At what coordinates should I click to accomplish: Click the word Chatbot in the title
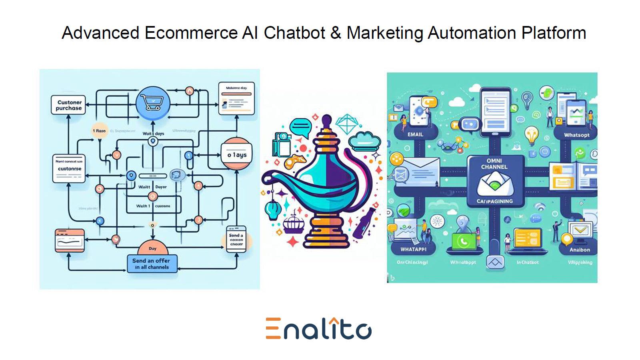tap(294, 33)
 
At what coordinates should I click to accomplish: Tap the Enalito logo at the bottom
tap(319, 329)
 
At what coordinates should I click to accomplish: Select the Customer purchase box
tap(68, 105)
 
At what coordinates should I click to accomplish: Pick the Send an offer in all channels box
tap(152, 263)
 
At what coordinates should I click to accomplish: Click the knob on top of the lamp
tap(327, 120)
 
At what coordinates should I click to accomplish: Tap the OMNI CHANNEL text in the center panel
tap(494, 164)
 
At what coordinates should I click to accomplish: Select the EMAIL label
tap(415, 134)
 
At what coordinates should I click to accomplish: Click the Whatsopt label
tap(576, 135)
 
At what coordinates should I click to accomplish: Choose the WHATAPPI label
tap(413, 249)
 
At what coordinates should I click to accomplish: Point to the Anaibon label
tap(580, 250)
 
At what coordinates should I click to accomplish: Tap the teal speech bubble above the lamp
tap(300, 127)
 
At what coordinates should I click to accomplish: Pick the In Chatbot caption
tap(527, 262)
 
